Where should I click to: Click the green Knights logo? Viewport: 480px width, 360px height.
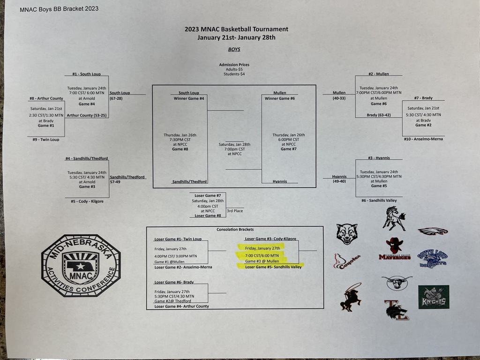point(434,297)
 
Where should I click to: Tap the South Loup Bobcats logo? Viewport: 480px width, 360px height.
point(432,258)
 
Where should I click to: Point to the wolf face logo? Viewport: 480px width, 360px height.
point(347,233)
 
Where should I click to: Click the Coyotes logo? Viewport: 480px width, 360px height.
point(347,262)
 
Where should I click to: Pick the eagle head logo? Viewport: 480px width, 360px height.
point(432,231)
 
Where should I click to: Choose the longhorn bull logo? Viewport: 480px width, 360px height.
point(397,282)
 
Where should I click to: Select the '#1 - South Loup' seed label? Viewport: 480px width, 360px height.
point(86,74)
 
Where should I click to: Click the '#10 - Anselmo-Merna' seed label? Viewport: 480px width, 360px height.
point(423,139)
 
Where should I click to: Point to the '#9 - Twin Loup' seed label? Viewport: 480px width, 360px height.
point(46,139)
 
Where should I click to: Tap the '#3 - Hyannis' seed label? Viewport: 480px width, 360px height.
point(379,158)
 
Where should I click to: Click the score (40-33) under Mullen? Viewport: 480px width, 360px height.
point(339,98)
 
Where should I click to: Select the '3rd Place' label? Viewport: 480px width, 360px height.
point(235,211)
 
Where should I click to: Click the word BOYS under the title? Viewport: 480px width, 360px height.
point(234,49)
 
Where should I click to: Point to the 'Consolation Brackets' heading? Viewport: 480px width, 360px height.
point(235,230)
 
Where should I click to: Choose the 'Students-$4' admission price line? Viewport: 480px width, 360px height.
point(234,74)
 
